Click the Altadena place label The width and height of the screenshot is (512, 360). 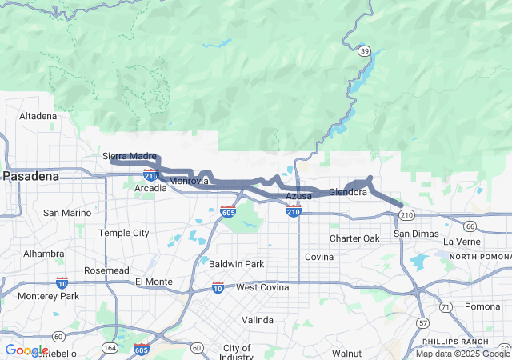click(x=38, y=116)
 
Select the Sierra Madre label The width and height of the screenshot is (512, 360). click(x=130, y=156)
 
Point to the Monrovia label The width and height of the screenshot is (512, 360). click(x=189, y=182)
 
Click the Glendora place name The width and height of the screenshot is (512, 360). click(x=348, y=193)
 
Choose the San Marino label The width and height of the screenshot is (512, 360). click(x=67, y=213)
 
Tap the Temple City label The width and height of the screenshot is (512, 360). click(x=123, y=233)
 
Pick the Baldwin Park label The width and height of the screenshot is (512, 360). click(x=236, y=263)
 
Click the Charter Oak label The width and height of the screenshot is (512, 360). click(x=354, y=238)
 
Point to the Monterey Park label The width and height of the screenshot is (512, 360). click(x=49, y=296)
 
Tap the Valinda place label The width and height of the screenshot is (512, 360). click(x=258, y=320)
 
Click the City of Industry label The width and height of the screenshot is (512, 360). click(x=237, y=353)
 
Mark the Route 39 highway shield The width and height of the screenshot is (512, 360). click(x=365, y=51)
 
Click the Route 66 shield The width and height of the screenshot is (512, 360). click(x=470, y=226)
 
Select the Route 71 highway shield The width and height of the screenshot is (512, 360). click(x=446, y=307)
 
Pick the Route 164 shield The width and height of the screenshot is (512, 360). click(x=109, y=348)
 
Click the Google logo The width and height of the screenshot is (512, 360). click(x=26, y=350)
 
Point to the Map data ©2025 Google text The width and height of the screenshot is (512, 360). click(x=462, y=354)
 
